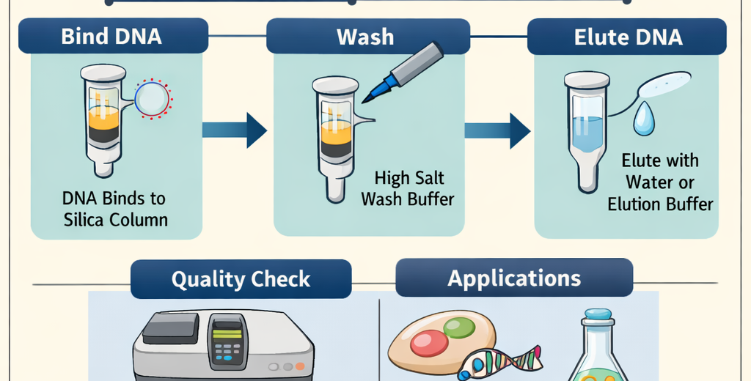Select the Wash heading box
pos(365,37)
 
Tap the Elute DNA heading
pos(628,37)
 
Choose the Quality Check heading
pos(241,279)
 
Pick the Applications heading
pos(514,278)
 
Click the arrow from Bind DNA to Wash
pos(235,130)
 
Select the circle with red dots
pos(153,99)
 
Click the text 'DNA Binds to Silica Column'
pos(114,209)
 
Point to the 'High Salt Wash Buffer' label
pos(409,188)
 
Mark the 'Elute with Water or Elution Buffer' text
pos(660,182)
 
